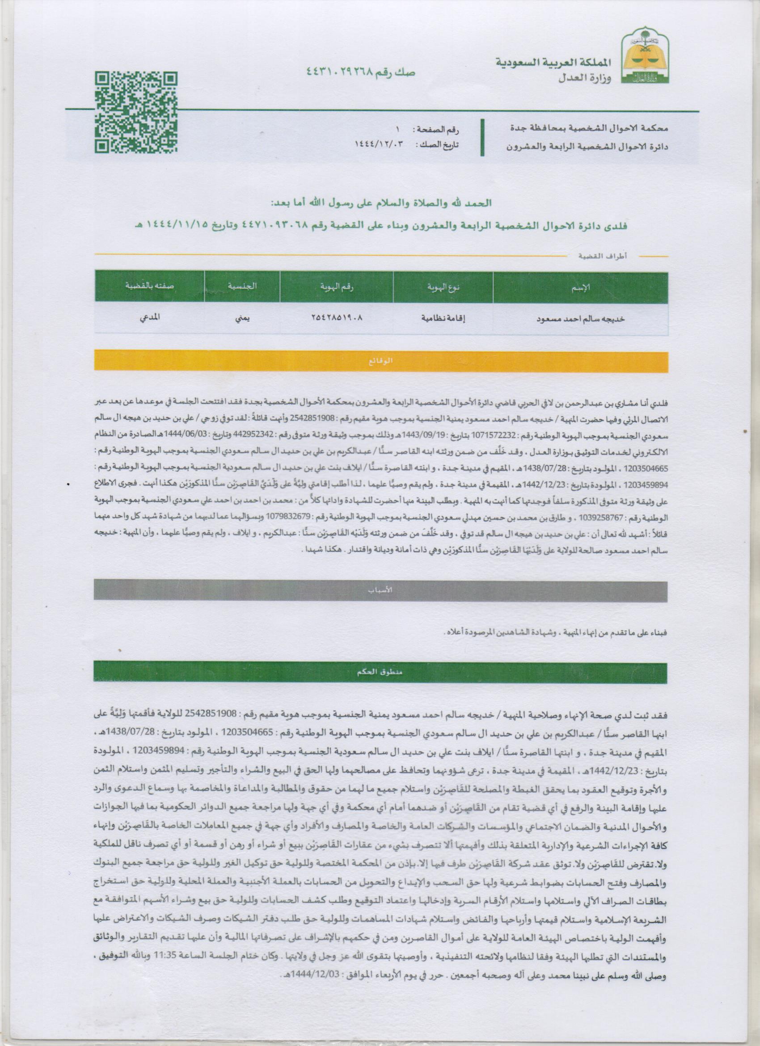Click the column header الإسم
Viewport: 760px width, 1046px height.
coord(581,288)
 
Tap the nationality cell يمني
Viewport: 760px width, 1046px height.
coord(243,318)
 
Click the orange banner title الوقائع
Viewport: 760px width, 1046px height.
coord(380,361)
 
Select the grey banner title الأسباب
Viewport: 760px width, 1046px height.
coord(380,592)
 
